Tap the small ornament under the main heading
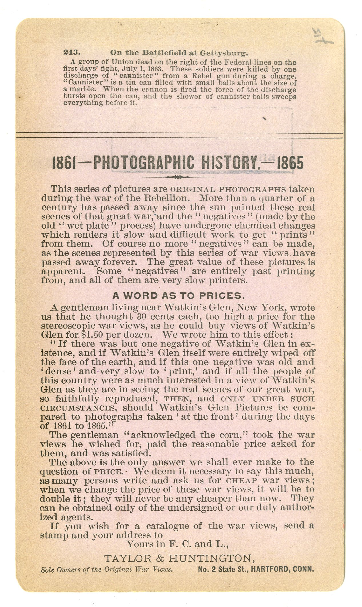(177, 177)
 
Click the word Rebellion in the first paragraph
(172, 198)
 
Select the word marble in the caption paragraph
(82, 89)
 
